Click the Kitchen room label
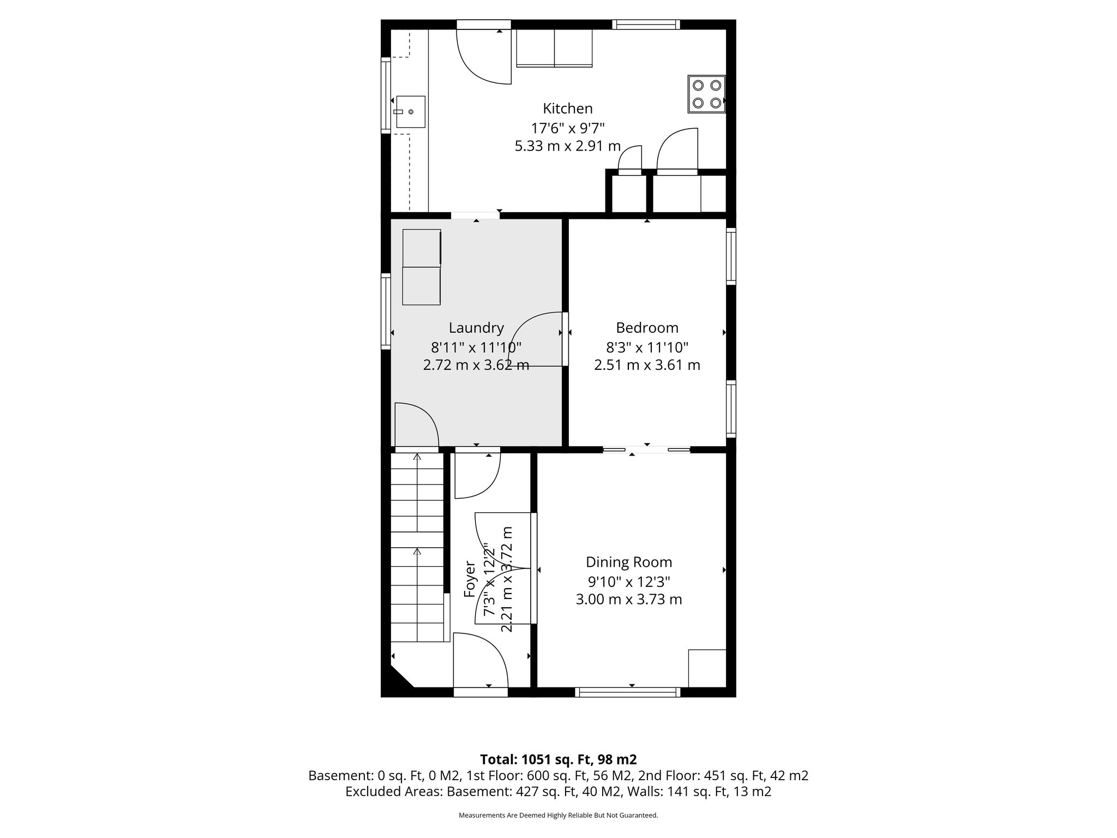(567, 108)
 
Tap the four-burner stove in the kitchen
(706, 94)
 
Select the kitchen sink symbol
(410, 111)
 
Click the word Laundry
(476, 328)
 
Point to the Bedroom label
(647, 328)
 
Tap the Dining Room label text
(628, 562)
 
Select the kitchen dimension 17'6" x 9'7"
(567, 128)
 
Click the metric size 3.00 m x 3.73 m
(628, 600)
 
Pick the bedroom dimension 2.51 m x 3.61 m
(647, 365)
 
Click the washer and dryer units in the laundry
(421, 267)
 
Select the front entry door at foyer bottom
(480, 663)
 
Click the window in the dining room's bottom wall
(627, 692)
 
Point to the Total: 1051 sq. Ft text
(557, 759)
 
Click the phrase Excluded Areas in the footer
(393, 792)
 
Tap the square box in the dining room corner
(707, 668)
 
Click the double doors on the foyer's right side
(505, 568)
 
